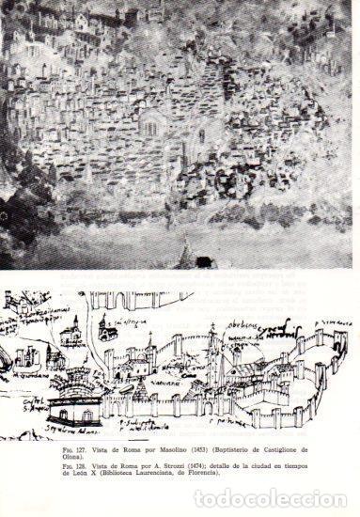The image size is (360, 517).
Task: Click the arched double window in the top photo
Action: (151, 127)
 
